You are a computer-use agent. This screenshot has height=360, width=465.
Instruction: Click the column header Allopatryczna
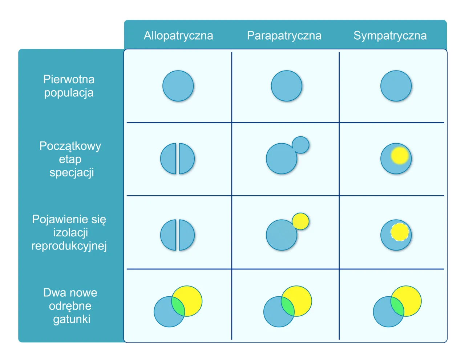coord(178,36)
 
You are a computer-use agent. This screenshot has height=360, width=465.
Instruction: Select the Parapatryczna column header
coord(284,36)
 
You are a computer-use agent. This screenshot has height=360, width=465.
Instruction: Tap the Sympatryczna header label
coord(390,36)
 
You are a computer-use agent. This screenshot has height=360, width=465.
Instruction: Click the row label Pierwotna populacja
coord(69,86)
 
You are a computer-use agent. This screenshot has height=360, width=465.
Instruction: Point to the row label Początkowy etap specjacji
coord(70,159)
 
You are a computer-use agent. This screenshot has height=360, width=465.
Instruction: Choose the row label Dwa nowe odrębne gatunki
coord(70,306)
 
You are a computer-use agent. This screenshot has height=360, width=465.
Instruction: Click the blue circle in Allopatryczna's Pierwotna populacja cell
coord(178,86)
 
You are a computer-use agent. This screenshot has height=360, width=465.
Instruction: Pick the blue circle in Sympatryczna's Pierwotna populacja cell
coord(396,86)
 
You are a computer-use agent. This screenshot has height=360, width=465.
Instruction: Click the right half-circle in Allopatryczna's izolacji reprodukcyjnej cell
coord(186,235)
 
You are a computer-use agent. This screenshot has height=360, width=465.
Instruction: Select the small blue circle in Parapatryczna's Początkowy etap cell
coord(300,145)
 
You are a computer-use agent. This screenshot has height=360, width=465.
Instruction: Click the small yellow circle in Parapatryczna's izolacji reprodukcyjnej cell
coord(300,221)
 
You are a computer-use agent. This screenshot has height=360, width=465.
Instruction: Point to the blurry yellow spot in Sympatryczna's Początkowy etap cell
coord(400,156)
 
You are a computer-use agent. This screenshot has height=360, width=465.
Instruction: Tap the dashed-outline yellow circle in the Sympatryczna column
coord(400,232)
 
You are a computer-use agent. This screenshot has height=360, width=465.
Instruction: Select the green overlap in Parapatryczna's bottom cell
coord(288,306)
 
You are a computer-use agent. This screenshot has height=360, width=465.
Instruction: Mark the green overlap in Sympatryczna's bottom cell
coord(397,306)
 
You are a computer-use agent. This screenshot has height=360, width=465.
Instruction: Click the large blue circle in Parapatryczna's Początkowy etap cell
coord(280,160)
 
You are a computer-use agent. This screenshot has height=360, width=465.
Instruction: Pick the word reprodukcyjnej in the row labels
coord(69,246)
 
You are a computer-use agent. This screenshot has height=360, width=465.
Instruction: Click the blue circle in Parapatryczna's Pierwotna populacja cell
coord(287,86)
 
